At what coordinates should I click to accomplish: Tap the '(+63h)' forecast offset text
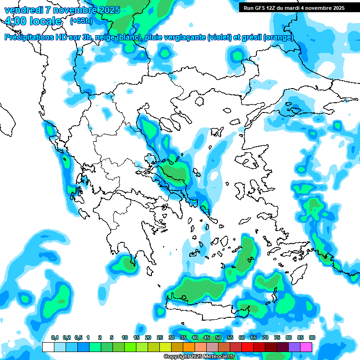pyautogui.click(x=81, y=21)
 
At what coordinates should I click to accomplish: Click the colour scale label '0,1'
pyautogui.click(x=54, y=337)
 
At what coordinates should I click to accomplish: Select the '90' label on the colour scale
pyautogui.click(x=312, y=337)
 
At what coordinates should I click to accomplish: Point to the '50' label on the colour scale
pyautogui.click(x=218, y=337)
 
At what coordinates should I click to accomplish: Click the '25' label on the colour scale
pyautogui.click(x=160, y=337)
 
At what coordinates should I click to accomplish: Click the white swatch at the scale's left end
pyautogui.click(x=48, y=347)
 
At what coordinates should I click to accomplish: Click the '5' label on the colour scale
pyautogui.click(x=112, y=337)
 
